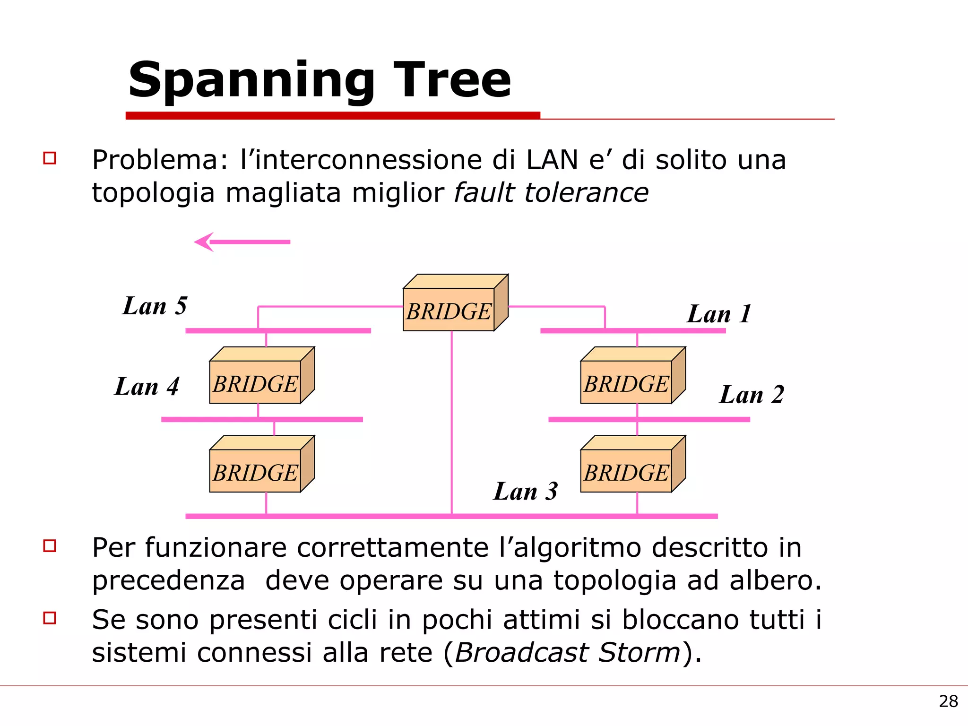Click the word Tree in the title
tap(452, 80)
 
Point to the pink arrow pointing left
tap(242, 242)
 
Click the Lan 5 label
tap(155, 306)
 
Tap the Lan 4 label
tap(147, 387)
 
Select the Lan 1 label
tap(719, 314)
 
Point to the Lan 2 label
tap(752, 395)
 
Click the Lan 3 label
tap(526, 491)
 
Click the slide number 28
tap(948, 701)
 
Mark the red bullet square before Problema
tap(50, 158)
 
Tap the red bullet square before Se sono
tap(50, 618)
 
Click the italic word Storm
tap(639, 653)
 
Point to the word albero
tap(775, 580)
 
